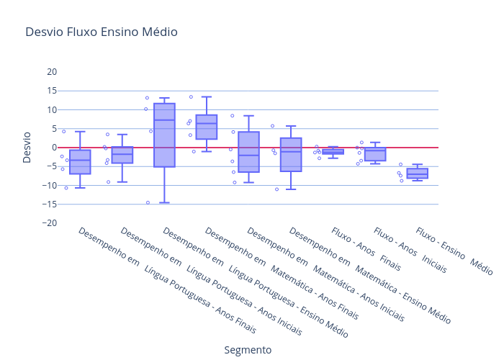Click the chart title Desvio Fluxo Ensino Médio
tap(101, 32)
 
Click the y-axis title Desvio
tap(27, 147)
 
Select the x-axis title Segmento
tap(248, 350)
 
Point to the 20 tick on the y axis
tap(51, 72)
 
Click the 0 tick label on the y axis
tap(53, 148)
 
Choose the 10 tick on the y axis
tap(51, 109)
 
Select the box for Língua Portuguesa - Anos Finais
tap(80, 163)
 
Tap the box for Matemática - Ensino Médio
tap(291, 155)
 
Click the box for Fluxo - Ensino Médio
tap(417, 174)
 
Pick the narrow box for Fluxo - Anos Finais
tap(333, 151)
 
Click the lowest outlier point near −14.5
tap(148, 202)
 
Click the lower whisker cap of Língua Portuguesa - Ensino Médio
tap(164, 202)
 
